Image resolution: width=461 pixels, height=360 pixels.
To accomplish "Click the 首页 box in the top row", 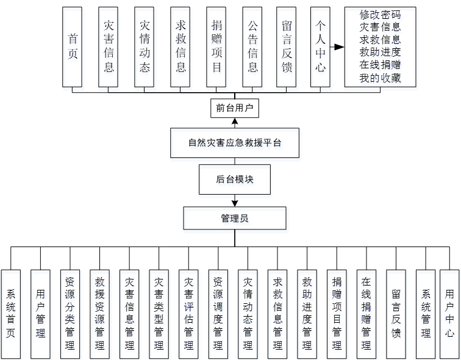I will point(73,47).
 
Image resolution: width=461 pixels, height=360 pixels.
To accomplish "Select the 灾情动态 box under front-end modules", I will point(145,47).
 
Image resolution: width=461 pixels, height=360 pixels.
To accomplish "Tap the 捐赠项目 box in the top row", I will point(216,47).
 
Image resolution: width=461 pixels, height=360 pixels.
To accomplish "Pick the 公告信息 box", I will point(252,47).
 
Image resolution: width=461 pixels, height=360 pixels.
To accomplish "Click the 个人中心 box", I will point(321,47).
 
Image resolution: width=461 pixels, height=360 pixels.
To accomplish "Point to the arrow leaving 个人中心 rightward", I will point(337,46).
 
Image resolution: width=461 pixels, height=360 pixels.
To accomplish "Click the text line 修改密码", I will point(380,14).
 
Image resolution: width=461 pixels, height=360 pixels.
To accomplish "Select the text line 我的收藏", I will point(380,78).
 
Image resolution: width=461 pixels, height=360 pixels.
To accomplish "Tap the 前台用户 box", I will point(235,108).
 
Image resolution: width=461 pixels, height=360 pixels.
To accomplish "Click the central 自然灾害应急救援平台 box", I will point(235,143).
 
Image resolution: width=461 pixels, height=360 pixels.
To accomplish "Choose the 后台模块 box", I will point(235,179).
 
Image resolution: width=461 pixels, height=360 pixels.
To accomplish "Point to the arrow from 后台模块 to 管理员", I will point(235,200).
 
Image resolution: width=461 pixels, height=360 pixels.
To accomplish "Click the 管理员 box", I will point(235,218).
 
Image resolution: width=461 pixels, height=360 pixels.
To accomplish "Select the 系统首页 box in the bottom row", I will point(10,314).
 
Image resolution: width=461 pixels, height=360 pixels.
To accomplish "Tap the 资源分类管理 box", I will point(70,314).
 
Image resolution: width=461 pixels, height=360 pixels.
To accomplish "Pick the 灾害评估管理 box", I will point(189,314).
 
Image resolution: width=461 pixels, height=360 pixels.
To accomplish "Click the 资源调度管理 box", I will point(218,314).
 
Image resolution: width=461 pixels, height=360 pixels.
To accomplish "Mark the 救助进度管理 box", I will point(307,314).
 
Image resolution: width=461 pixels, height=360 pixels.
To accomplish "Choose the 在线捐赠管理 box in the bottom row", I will point(366,314).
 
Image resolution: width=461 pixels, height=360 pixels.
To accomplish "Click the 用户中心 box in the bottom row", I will point(449,314).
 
